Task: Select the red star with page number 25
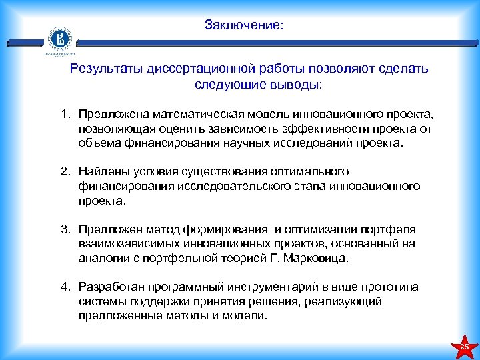465,347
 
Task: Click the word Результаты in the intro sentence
104,69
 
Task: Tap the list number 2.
65,172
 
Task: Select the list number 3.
65,230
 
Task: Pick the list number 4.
65,287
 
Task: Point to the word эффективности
305,128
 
